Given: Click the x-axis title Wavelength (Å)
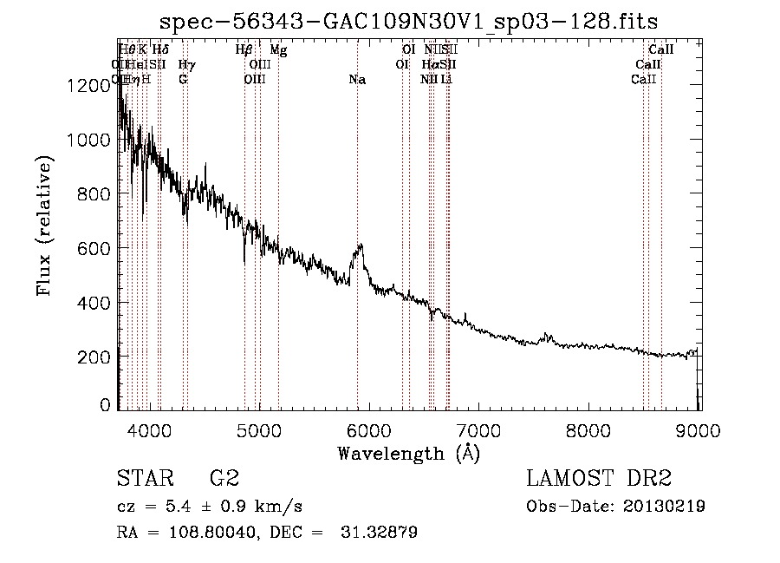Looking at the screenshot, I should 408,452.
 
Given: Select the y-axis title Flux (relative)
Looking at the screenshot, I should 44,226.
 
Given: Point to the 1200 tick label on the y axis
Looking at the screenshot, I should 89,85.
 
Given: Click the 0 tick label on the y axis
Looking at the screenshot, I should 106,405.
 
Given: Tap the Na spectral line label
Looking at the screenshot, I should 357,79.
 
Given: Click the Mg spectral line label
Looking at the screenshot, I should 278,50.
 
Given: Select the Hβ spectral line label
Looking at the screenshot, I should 244,50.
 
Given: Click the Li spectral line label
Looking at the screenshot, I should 446,79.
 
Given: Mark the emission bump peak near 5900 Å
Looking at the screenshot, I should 360,245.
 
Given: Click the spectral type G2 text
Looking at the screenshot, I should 224,478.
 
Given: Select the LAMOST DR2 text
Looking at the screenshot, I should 598,478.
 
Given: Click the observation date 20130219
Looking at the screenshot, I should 664,507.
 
